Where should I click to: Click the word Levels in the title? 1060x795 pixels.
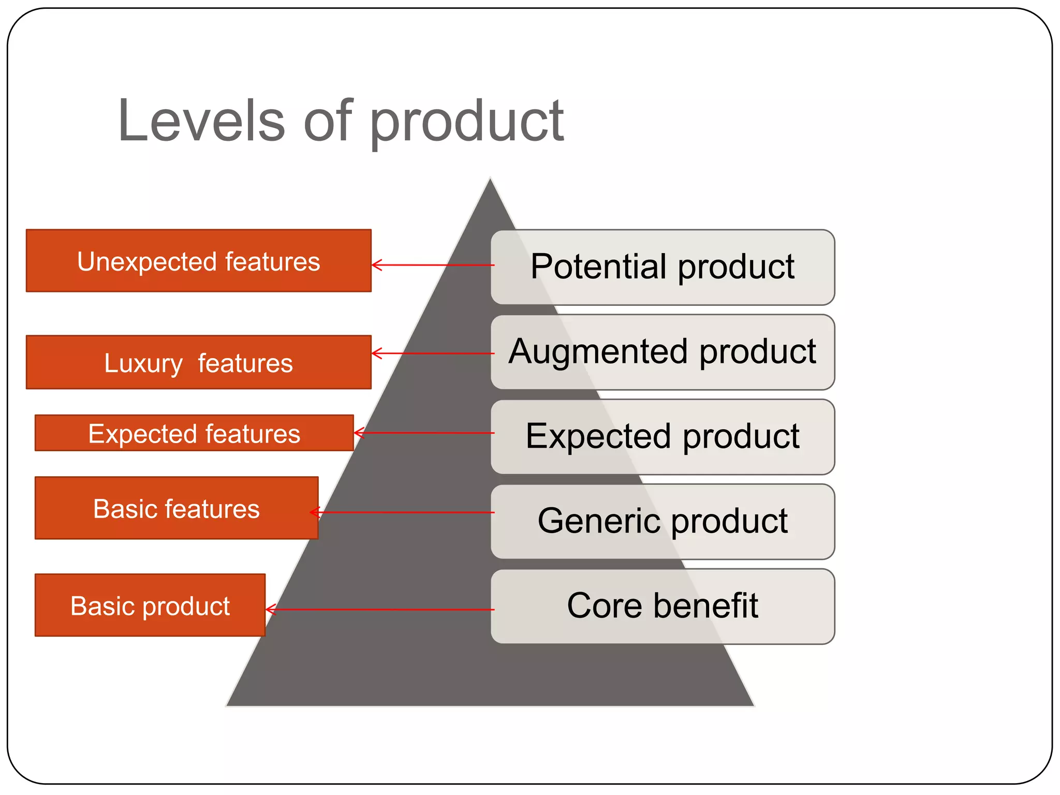click(201, 121)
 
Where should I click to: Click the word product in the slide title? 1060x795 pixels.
click(466, 123)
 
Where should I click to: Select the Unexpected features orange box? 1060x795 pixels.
click(198, 261)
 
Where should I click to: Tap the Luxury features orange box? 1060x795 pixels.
click(198, 362)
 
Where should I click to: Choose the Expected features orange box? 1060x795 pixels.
click(194, 433)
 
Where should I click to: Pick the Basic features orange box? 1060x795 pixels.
click(176, 508)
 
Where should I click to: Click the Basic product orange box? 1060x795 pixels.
click(150, 605)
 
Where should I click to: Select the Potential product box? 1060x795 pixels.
click(662, 267)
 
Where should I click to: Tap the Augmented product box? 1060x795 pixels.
click(662, 352)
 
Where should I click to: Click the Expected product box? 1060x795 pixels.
click(662, 437)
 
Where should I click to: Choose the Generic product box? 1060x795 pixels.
click(662, 521)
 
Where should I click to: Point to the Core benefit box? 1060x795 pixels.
click(662, 606)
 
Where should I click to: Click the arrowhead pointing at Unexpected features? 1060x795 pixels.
click(375, 265)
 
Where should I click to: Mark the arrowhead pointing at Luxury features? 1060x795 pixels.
click(375, 354)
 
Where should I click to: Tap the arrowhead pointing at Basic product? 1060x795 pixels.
click(269, 610)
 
